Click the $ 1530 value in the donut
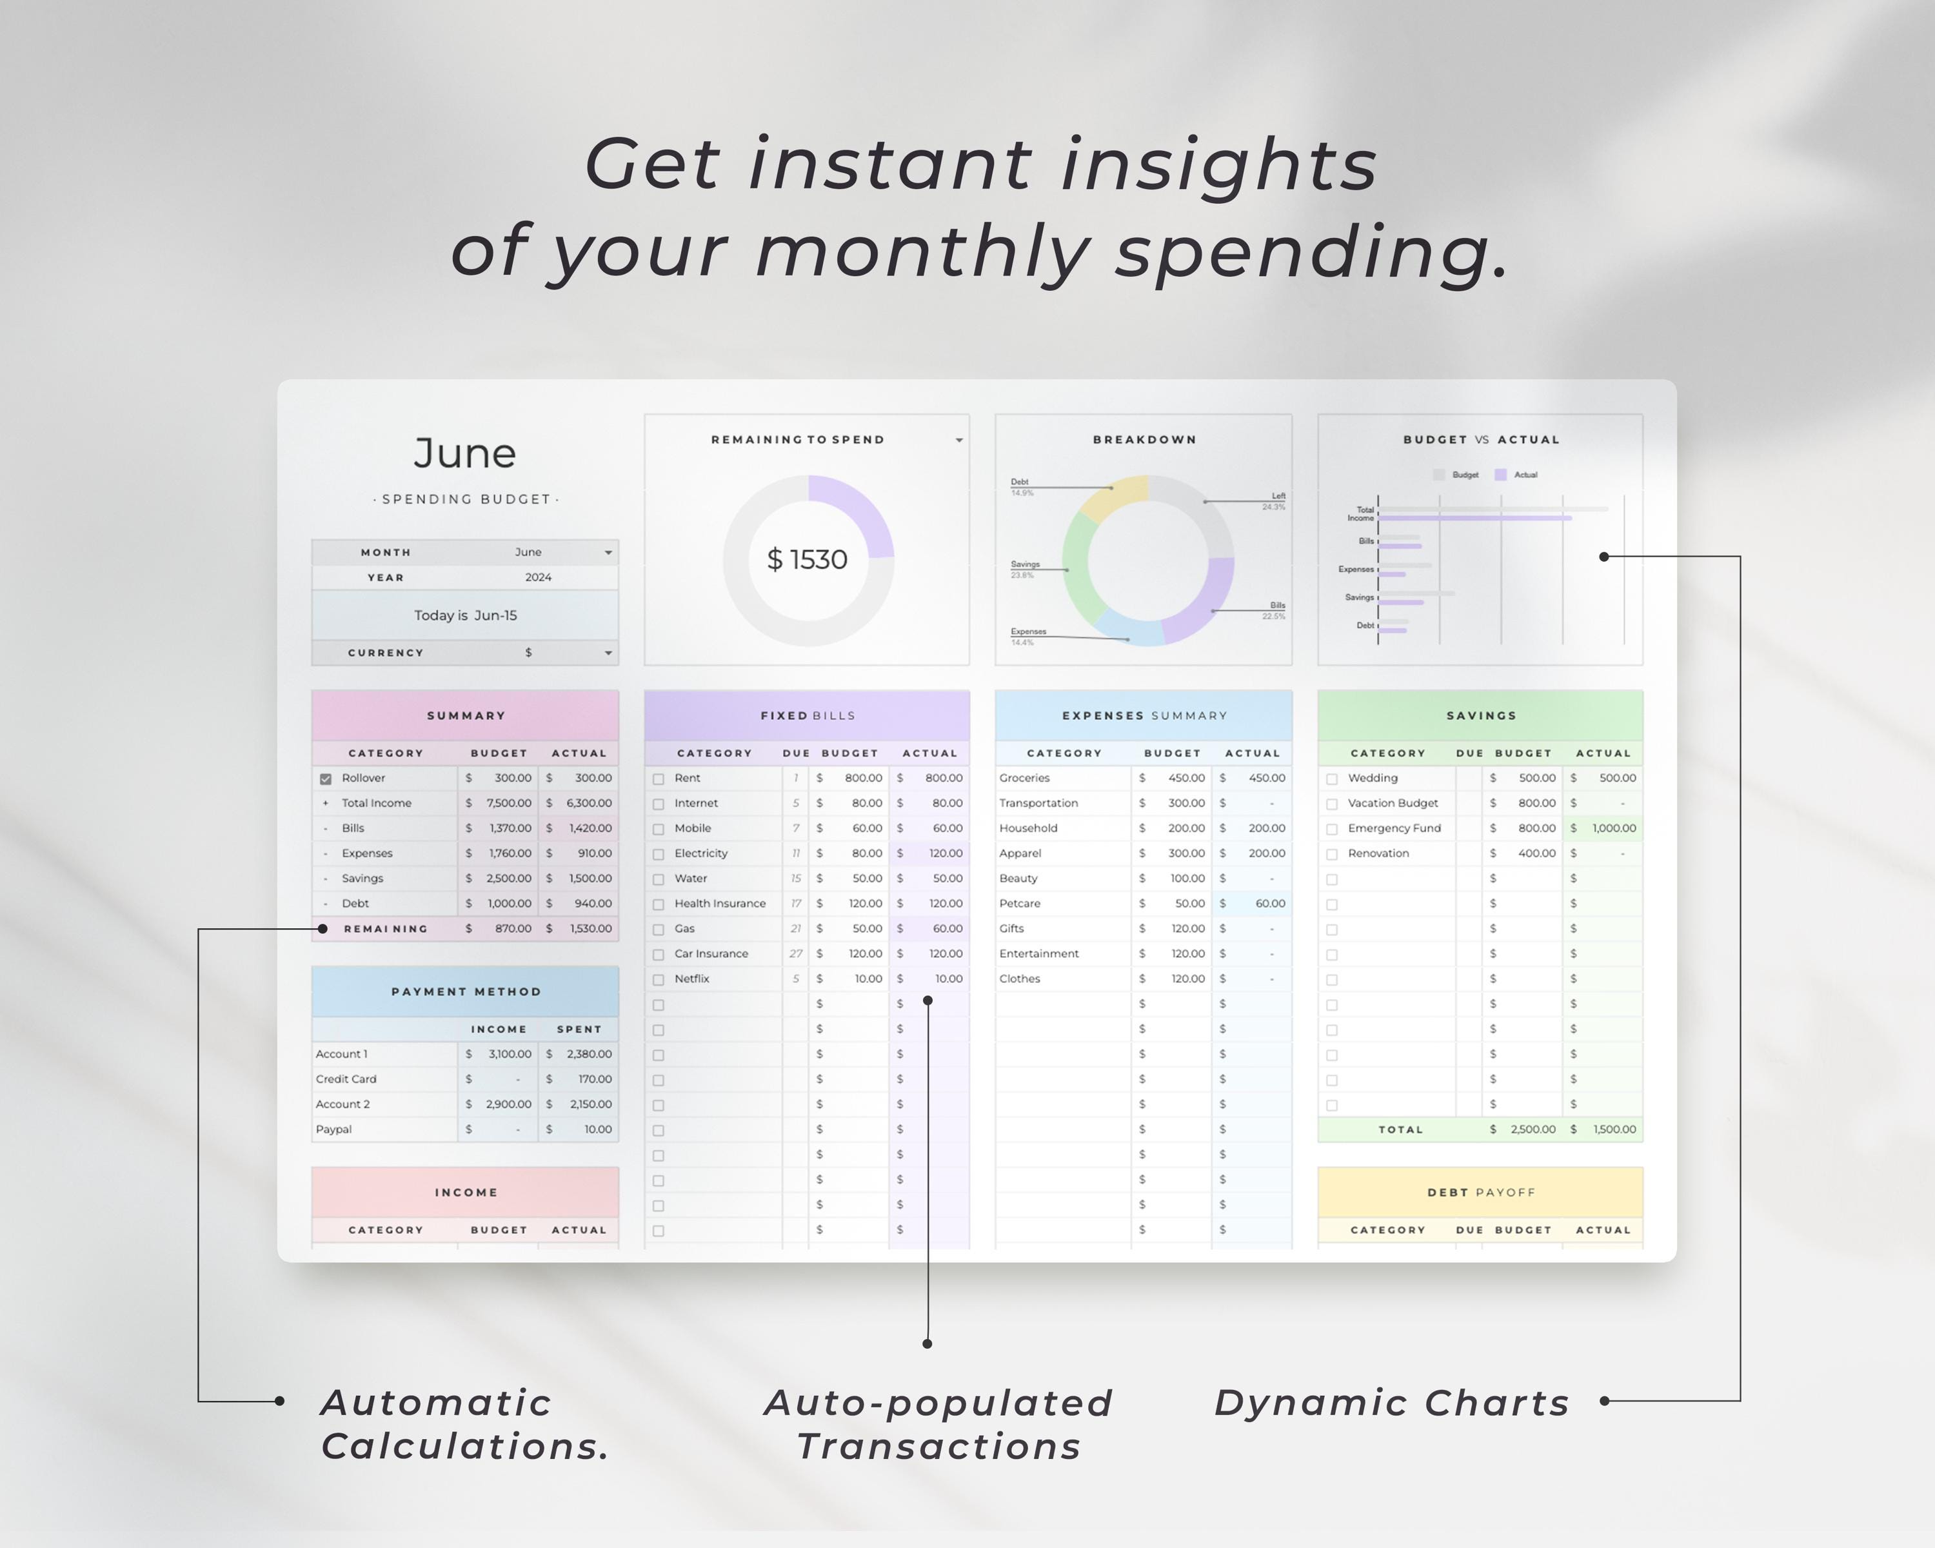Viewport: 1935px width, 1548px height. (807, 560)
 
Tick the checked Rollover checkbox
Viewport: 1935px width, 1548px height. (326, 779)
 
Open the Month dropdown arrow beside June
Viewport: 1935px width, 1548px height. (608, 553)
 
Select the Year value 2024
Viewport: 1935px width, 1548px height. (539, 578)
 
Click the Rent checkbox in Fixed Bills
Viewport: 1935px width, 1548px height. (659, 779)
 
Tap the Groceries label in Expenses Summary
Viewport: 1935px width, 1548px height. (1024, 778)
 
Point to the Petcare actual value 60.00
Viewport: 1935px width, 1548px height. (1270, 904)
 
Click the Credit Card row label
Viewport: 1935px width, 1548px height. (346, 1080)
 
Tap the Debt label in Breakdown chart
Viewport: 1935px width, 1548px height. (1020, 482)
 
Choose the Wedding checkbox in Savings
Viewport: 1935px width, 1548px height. (1332, 779)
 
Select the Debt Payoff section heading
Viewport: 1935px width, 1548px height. (1481, 1193)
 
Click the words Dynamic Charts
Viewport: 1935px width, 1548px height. (1391, 1404)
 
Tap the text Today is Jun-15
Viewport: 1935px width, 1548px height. (465, 615)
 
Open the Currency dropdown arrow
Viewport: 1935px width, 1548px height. (608, 653)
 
